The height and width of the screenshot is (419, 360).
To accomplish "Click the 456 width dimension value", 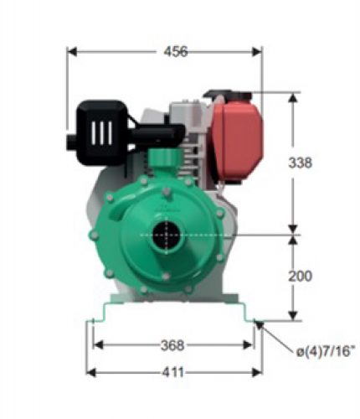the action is click(176, 52).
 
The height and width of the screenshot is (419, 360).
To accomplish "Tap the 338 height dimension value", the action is click(300, 163).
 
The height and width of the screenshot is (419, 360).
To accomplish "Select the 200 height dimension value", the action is click(300, 276).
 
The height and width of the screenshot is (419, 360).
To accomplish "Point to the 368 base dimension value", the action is click(172, 345).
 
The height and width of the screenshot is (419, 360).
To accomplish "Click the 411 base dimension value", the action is click(173, 372).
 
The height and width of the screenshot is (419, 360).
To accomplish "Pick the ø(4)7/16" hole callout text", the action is click(326, 352).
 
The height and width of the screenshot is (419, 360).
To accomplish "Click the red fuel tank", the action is click(237, 140).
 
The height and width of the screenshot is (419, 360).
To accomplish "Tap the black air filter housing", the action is click(103, 132).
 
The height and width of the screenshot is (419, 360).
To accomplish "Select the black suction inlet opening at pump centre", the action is click(167, 235).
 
